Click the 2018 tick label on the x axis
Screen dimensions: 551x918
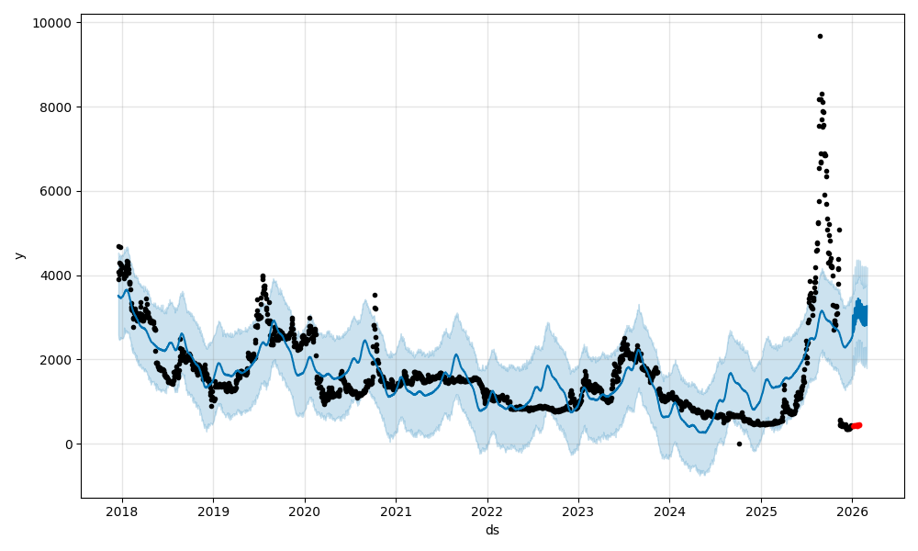122,511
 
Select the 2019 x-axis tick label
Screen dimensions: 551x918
213,511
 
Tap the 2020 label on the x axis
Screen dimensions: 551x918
304,511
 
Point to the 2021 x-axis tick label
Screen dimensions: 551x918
396,511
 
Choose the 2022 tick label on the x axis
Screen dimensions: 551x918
487,511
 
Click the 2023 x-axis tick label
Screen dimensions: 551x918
578,511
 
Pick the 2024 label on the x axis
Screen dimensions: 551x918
669,511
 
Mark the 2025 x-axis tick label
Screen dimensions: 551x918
761,511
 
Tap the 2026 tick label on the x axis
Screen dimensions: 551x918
852,511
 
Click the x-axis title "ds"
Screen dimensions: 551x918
493,530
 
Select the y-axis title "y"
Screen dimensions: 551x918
19,255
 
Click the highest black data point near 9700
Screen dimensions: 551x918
820,36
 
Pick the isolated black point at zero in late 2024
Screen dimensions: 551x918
739,444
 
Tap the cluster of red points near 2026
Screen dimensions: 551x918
856,425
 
